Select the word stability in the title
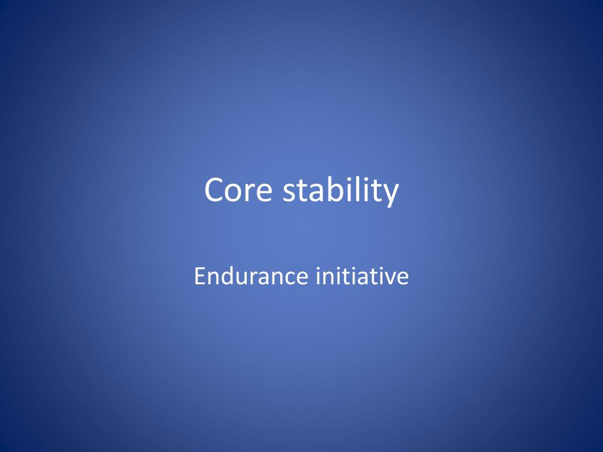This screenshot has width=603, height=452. (x=340, y=191)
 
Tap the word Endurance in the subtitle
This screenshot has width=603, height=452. (x=251, y=276)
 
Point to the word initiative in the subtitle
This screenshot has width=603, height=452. (x=362, y=276)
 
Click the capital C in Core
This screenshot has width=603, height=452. (x=214, y=191)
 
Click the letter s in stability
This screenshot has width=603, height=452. (x=289, y=192)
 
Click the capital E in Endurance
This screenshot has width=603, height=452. (x=199, y=276)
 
